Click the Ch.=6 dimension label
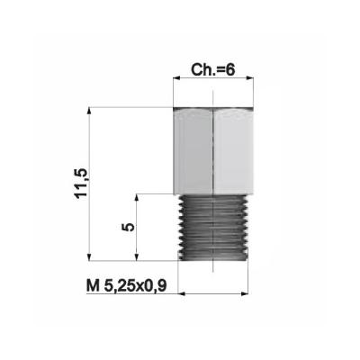coord(212,70)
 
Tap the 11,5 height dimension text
coord(81,184)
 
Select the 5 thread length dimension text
coord(129,227)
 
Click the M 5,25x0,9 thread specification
coord(126,286)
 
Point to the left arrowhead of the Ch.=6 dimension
coord(176,78)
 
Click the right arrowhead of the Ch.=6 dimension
coord(250,78)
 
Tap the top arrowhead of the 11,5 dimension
coord(89,111)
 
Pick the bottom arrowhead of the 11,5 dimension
coord(89,257)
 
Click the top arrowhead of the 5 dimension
coord(137,197)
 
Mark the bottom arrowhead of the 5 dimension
coord(137,257)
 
